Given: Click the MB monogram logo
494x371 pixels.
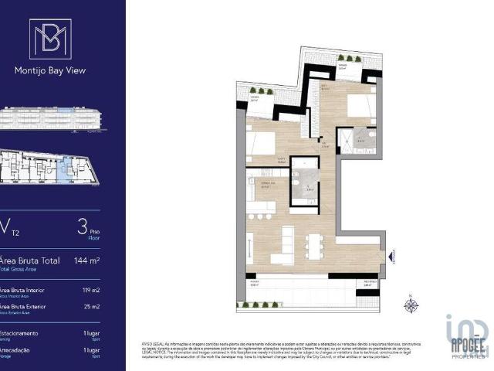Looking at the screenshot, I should coord(50,39).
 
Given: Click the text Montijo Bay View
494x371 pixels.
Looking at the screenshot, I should coord(50,70).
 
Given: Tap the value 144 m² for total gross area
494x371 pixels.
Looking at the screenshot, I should coord(88,260).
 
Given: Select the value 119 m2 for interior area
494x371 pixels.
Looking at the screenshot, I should coord(91,291).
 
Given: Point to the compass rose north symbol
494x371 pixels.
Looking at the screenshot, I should coord(411,305).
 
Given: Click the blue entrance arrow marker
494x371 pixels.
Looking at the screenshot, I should coord(391,256).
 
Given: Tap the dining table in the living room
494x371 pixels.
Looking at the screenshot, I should coord(313,245).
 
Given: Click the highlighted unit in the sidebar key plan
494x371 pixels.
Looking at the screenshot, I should coord(64,168).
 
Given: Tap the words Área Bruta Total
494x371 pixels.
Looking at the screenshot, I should coord(31,260).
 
